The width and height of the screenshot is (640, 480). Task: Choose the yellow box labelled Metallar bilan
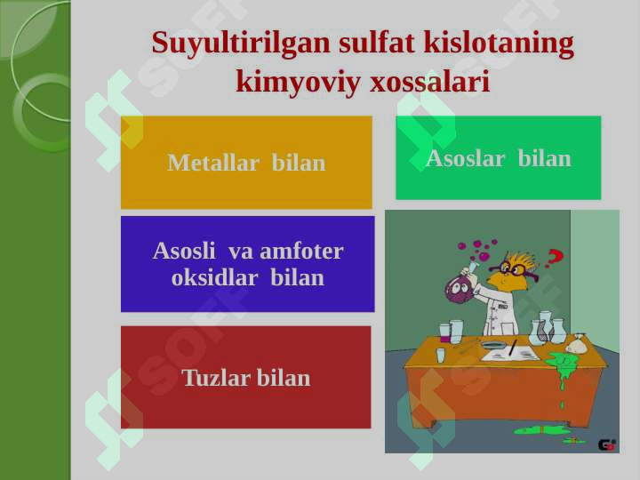pyautogui.click(x=246, y=163)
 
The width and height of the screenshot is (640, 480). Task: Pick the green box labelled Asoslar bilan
pyautogui.click(x=498, y=158)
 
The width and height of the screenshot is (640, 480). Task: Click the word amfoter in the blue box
pyautogui.click(x=301, y=251)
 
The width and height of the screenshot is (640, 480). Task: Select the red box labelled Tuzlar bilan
pyautogui.click(x=246, y=378)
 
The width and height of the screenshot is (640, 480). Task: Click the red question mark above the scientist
pyautogui.click(x=555, y=258)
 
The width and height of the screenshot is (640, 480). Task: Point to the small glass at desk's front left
pyautogui.click(x=441, y=355)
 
